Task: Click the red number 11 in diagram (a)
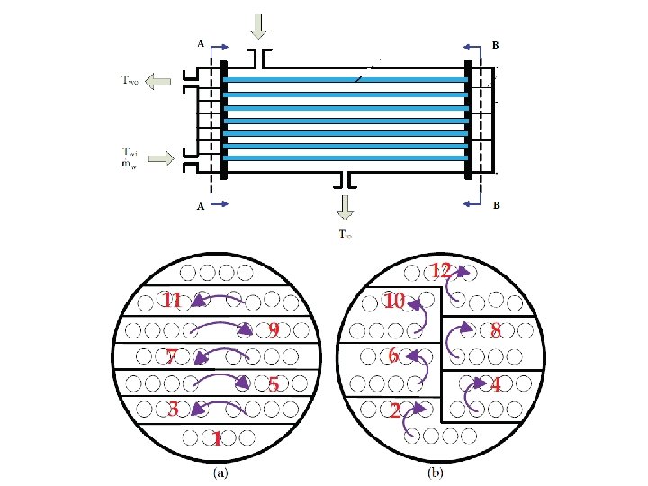click(172, 301)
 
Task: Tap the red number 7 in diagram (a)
click(171, 356)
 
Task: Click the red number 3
click(172, 409)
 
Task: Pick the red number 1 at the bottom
click(215, 439)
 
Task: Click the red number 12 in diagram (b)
click(440, 270)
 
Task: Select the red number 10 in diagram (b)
click(394, 301)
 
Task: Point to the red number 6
click(393, 356)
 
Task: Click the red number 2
click(395, 410)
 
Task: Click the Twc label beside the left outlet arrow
click(130, 81)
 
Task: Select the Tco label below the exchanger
click(345, 236)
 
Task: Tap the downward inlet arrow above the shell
click(259, 27)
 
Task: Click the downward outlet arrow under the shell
click(345, 206)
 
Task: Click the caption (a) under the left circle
click(219, 471)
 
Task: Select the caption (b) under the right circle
click(435, 471)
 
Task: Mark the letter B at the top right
click(496, 42)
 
